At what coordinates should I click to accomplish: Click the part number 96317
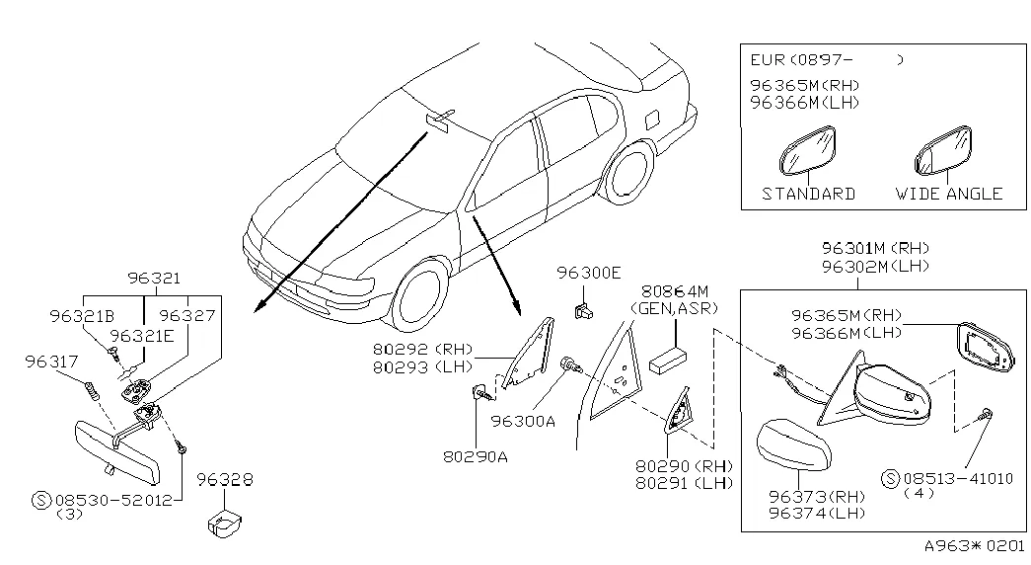tap(50, 363)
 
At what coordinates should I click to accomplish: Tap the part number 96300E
tap(588, 273)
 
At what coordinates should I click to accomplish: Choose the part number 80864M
tap(675, 291)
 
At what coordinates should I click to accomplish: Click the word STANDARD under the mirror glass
tap(808, 194)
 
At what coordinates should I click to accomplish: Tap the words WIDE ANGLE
tap(948, 194)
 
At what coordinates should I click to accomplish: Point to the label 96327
tap(186, 316)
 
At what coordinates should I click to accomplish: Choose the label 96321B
tap(78, 316)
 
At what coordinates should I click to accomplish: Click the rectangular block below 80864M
tap(672, 358)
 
